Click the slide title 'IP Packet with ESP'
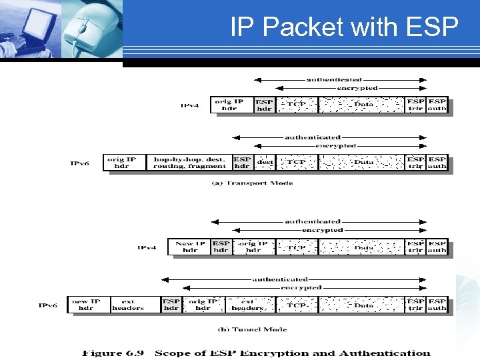344,27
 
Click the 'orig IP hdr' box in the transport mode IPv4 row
230,105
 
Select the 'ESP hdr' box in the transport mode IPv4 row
264,105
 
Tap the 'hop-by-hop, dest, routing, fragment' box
188,163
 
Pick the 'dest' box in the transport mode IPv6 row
265,163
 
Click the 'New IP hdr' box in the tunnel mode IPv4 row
189,247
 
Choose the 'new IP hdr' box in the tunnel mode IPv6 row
85,305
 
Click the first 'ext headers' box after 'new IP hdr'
127,305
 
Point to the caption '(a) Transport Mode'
252,183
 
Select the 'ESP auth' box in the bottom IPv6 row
437,305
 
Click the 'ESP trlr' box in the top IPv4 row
416,105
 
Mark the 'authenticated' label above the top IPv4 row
334,79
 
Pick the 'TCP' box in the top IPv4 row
296,105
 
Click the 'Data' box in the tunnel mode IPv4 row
363,247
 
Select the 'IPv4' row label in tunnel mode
147,247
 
